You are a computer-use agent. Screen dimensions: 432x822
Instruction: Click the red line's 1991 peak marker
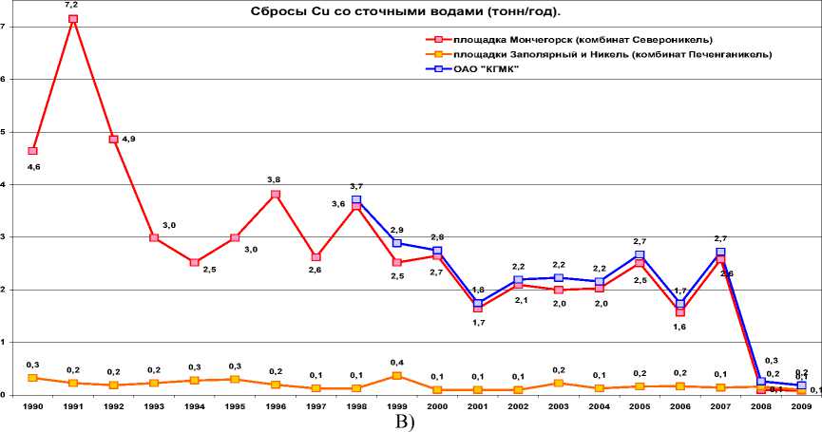click(x=73, y=19)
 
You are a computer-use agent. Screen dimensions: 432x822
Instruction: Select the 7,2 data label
click(x=72, y=5)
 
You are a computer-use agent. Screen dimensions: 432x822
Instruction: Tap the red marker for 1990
click(x=32, y=151)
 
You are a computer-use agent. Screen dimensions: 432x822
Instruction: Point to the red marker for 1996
click(x=276, y=195)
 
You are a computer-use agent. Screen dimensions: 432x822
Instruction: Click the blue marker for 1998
click(x=356, y=200)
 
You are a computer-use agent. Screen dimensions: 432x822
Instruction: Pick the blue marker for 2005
click(x=640, y=255)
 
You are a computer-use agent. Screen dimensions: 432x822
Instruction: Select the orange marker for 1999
click(x=397, y=376)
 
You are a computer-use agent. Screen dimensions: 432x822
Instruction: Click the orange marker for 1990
click(x=32, y=378)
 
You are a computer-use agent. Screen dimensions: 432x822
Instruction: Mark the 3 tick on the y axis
click(x=5, y=237)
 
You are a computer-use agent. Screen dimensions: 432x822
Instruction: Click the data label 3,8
click(x=276, y=179)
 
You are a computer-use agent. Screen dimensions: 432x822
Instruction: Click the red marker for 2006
click(x=680, y=312)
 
